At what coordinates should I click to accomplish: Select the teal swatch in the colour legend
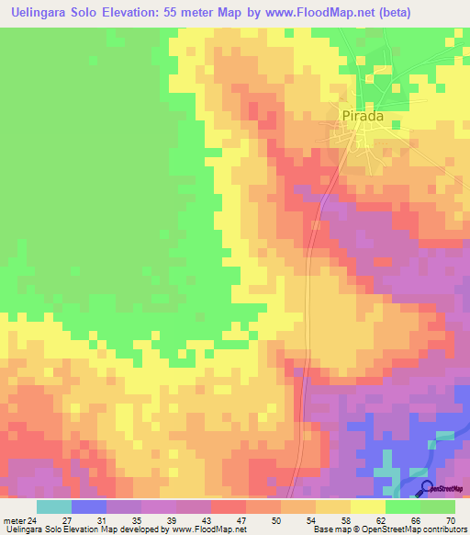tap(53, 507)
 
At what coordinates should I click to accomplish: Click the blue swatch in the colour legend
tap(89, 507)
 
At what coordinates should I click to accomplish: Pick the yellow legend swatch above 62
tap(368, 507)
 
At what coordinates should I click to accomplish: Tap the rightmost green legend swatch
tap(438, 507)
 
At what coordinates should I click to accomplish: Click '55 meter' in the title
tap(189, 13)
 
